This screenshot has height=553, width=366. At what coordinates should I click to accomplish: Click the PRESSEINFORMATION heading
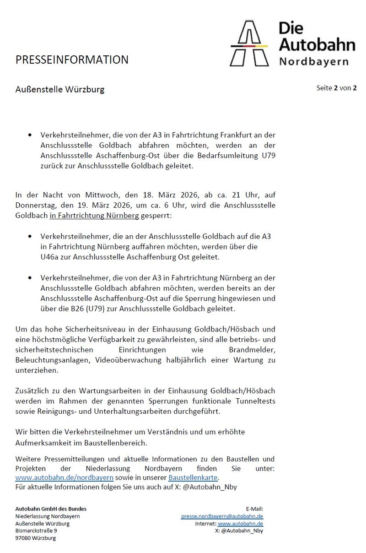point(72,60)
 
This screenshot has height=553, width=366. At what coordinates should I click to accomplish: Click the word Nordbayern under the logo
point(313,61)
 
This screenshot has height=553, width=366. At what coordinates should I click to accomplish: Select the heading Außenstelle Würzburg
point(60,89)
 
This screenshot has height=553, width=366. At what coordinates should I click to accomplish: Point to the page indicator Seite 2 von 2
point(336,88)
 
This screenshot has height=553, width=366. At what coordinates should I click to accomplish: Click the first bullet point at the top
point(30,136)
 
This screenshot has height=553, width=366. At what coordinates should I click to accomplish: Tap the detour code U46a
point(52,257)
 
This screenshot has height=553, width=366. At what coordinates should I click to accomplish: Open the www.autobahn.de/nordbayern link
point(64,477)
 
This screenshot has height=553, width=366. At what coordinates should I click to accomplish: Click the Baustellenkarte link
point(193,477)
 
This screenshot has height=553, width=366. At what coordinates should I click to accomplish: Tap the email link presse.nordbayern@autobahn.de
point(222,516)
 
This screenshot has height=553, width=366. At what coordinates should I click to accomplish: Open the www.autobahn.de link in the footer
point(240,524)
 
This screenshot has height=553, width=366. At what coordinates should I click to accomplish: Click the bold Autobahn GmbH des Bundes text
point(51,509)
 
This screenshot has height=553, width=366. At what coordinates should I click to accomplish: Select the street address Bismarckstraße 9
point(36,531)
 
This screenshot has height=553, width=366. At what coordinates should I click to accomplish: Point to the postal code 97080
point(23,538)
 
